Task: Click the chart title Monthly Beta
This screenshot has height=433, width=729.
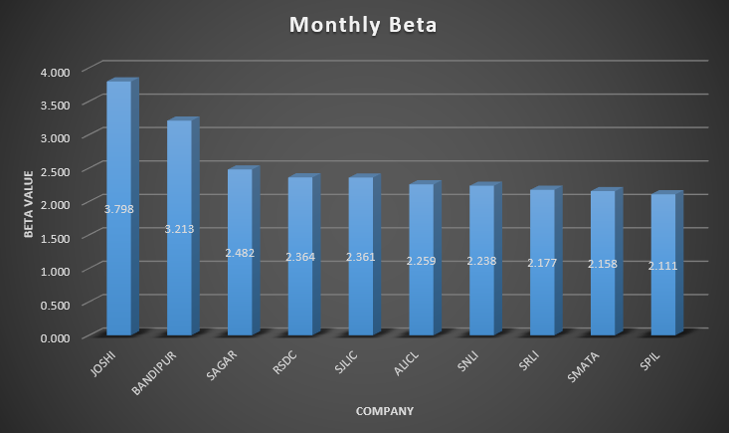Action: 363,24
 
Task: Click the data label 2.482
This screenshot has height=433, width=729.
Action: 240,253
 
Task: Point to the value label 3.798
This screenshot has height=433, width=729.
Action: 118,208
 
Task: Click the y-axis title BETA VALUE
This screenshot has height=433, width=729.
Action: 30,204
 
